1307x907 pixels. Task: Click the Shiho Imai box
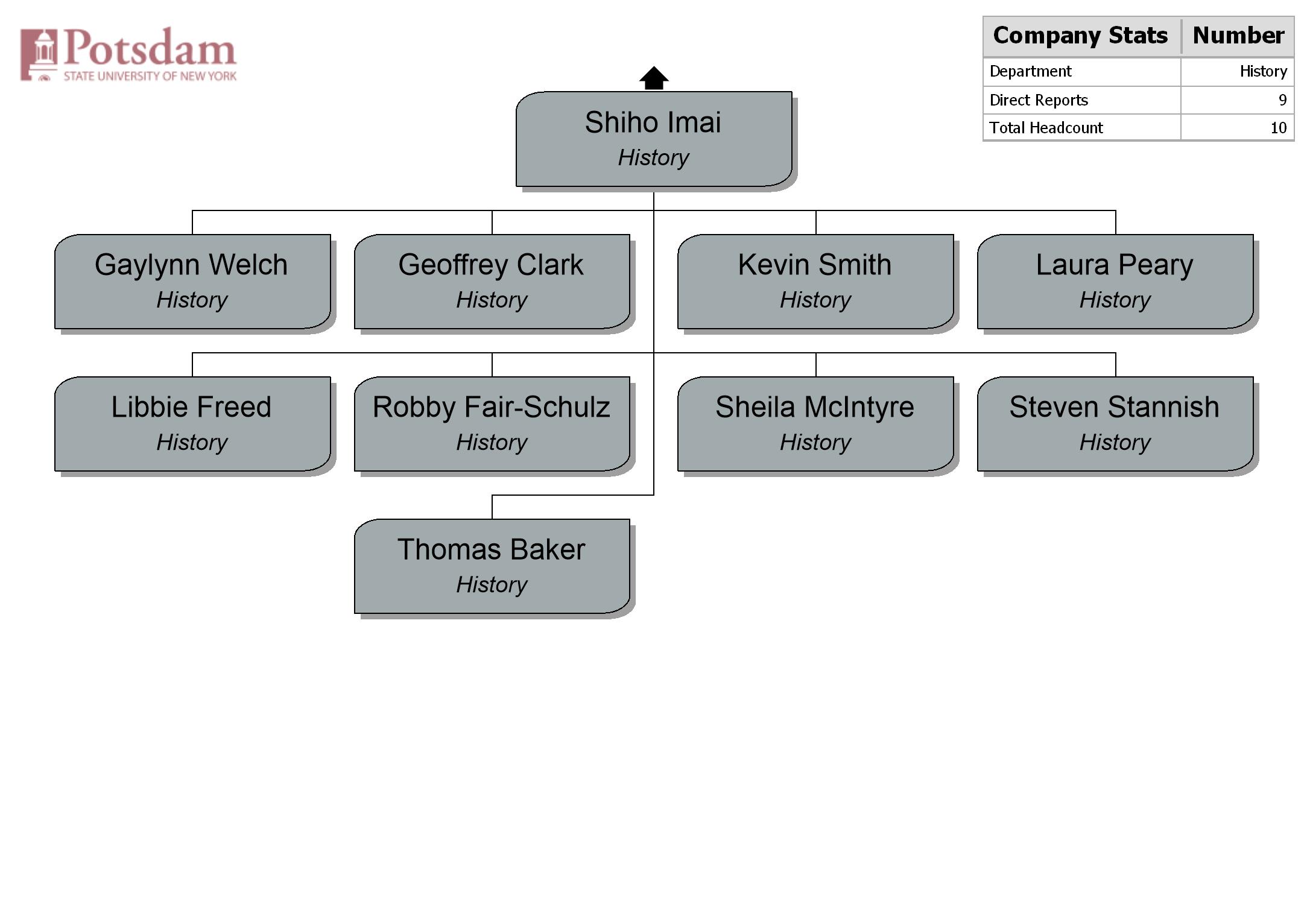(x=654, y=139)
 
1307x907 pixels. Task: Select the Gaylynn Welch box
(x=192, y=282)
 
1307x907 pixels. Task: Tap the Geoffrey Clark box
(x=492, y=282)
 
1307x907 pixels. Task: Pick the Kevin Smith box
(x=815, y=282)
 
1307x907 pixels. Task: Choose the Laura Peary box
(x=1115, y=282)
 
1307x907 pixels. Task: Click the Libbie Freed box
(x=192, y=424)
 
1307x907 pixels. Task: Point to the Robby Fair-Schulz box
(x=492, y=424)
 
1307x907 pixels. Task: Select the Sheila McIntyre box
(x=815, y=424)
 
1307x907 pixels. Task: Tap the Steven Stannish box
(x=1115, y=424)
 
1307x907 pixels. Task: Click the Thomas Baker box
(x=492, y=566)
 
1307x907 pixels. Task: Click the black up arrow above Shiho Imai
(x=654, y=78)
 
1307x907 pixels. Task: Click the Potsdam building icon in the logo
(x=39, y=54)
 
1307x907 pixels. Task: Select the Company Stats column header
(x=1081, y=36)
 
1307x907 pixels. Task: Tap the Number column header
(x=1238, y=36)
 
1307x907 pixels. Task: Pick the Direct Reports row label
(x=1039, y=100)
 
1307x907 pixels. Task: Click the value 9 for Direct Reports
(x=1282, y=100)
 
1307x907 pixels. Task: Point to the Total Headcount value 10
(x=1279, y=128)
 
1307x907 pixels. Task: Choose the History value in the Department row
(x=1264, y=71)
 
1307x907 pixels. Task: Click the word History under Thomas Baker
(x=492, y=584)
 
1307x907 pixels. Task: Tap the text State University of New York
(x=150, y=76)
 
